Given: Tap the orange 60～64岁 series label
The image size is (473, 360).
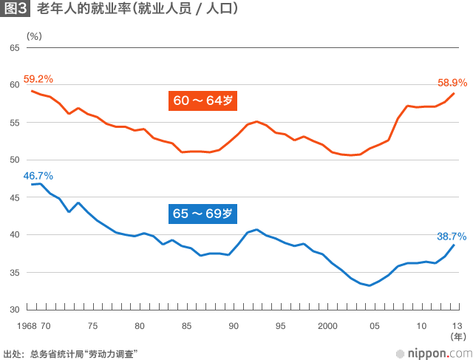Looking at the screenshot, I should (x=204, y=101).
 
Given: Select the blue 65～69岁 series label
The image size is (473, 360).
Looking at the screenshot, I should (x=203, y=214).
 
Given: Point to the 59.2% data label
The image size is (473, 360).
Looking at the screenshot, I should (x=38, y=79).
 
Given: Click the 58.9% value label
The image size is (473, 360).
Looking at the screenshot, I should (x=451, y=83).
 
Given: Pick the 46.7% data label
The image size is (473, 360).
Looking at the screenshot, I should (x=38, y=176).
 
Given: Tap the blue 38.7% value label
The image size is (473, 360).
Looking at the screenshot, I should (x=451, y=237).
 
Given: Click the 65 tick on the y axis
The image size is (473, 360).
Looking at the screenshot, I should (x=15, y=47).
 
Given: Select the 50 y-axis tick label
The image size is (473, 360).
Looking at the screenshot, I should (x=15, y=160).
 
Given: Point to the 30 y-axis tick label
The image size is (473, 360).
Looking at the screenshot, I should (x=15, y=310).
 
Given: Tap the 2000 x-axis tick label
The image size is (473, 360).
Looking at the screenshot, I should (x=327, y=325).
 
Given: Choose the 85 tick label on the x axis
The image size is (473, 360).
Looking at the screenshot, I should (x=186, y=325).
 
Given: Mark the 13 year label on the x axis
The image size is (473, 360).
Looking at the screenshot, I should (x=457, y=325).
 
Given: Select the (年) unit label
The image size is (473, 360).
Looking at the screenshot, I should (x=458, y=337).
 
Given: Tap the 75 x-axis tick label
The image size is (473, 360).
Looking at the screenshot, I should (x=92, y=325).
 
